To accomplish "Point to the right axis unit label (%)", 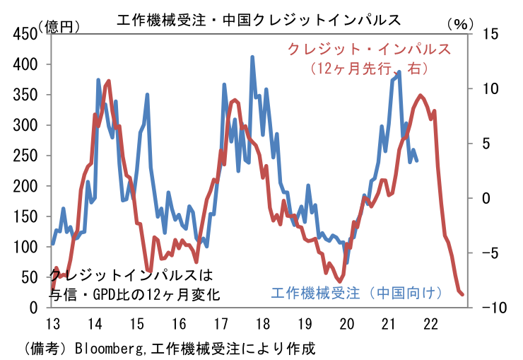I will pyautogui.click(x=459, y=24).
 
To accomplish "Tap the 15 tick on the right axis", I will pyautogui.click(x=490, y=34).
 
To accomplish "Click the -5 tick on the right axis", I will pyautogui.click(x=490, y=252).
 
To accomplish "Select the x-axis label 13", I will pyautogui.click(x=52, y=324).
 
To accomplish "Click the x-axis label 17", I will pyautogui.click(x=221, y=324).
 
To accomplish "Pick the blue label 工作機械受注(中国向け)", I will pyautogui.click(x=357, y=292).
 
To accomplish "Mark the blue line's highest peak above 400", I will pyautogui.click(x=252, y=57).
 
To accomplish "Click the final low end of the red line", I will pyautogui.click(x=462, y=295).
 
